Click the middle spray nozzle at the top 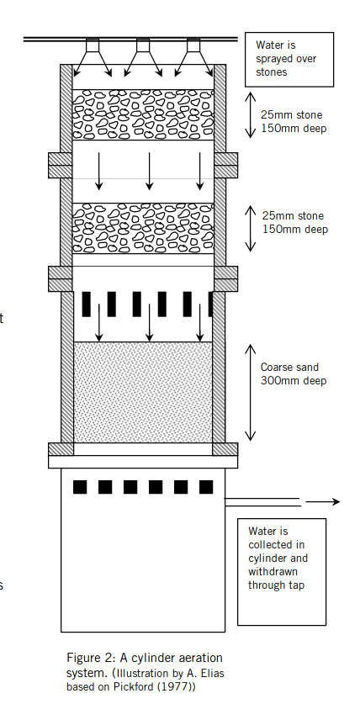pyautogui.click(x=143, y=45)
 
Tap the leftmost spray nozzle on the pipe pyautogui.click(x=93, y=45)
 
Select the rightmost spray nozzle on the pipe pyautogui.click(x=193, y=45)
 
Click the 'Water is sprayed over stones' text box pyautogui.click(x=289, y=59)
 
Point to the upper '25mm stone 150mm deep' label pyautogui.click(x=294, y=122)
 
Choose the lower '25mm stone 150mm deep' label pyautogui.click(x=295, y=223)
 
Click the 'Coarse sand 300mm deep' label pyautogui.click(x=293, y=374)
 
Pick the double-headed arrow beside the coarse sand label pyautogui.click(x=251, y=393)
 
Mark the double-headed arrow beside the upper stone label pyautogui.click(x=251, y=115)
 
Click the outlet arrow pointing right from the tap pyautogui.click(x=323, y=501)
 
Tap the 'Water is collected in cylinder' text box pyautogui.click(x=282, y=572)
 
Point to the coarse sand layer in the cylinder pyautogui.click(x=143, y=393)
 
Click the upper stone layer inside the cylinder pyautogui.click(x=143, y=114)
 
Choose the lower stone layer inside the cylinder pyautogui.click(x=143, y=228)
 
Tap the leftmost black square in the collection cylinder pyautogui.click(x=80, y=487)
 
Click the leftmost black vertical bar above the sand pyautogui.click(x=86, y=304)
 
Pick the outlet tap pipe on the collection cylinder pyautogui.click(x=262, y=502)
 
